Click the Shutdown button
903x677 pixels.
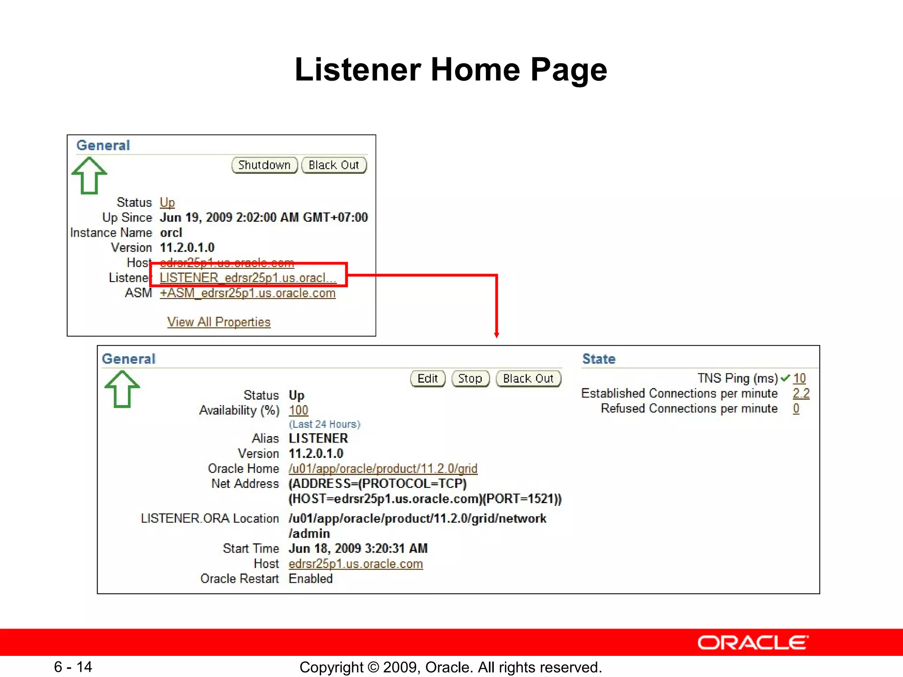pos(265,165)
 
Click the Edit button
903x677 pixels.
pos(428,379)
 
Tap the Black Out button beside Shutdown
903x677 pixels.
pos(334,165)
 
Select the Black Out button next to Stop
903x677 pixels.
pos(528,379)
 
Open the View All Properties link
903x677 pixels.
pos(219,322)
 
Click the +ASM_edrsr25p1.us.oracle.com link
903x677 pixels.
pos(247,293)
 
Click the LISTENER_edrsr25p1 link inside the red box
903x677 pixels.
pos(248,278)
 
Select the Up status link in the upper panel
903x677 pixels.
pos(167,202)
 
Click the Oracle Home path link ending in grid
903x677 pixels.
pos(383,469)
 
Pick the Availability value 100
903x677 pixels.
pos(299,410)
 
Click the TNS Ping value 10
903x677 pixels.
pos(799,378)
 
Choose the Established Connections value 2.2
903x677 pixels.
pos(801,393)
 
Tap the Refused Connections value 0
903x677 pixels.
pos(796,409)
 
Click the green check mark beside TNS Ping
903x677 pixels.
pos(785,378)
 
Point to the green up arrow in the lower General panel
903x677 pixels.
pos(122,389)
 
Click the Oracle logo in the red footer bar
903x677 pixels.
pos(753,643)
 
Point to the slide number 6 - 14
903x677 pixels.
pos(73,667)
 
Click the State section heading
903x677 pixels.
pos(599,359)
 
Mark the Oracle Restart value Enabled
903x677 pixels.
pos(310,579)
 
